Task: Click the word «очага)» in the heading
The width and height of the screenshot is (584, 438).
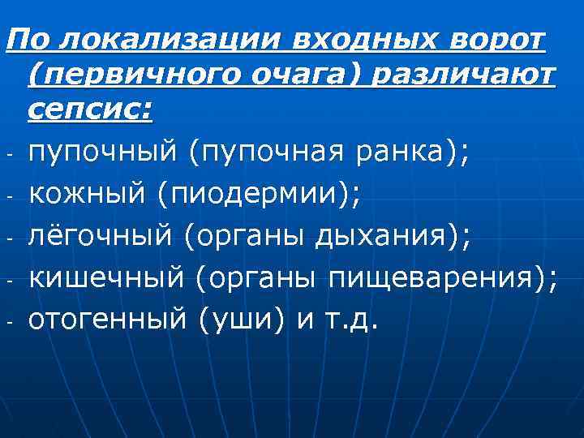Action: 289,75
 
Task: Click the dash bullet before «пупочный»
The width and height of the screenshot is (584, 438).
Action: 7,152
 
